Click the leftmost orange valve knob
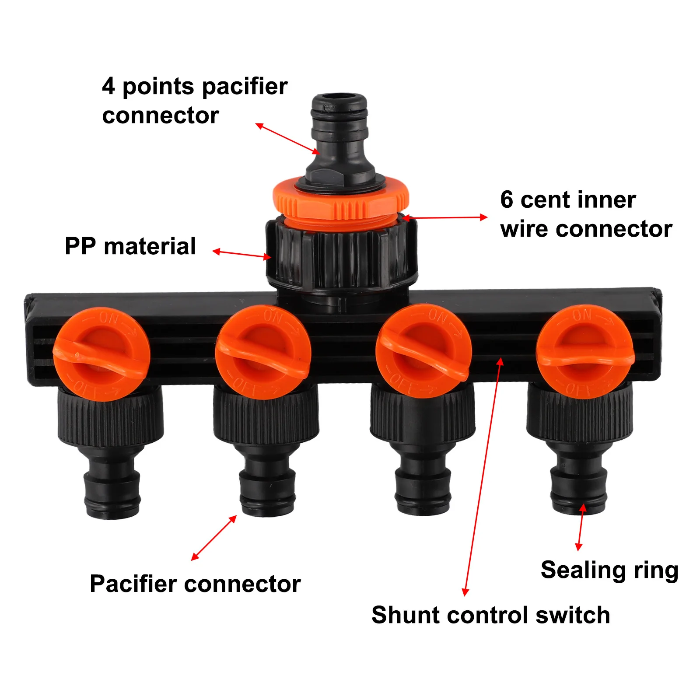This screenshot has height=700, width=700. [x=101, y=353]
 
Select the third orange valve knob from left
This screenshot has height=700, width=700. [x=423, y=351]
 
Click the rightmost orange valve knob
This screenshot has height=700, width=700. [x=585, y=351]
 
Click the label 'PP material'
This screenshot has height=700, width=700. [x=130, y=246]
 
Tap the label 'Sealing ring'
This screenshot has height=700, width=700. [x=609, y=570]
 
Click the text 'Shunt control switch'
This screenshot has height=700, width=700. [x=490, y=615]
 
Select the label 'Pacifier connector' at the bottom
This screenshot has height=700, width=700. [x=195, y=584]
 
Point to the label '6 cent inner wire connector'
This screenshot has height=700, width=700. [x=585, y=214]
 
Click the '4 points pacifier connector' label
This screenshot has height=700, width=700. [x=195, y=101]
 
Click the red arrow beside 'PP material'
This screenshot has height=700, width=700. [x=241, y=254]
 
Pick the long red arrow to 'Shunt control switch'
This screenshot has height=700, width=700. [x=483, y=477]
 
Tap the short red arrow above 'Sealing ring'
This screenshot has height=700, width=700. [x=581, y=527]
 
